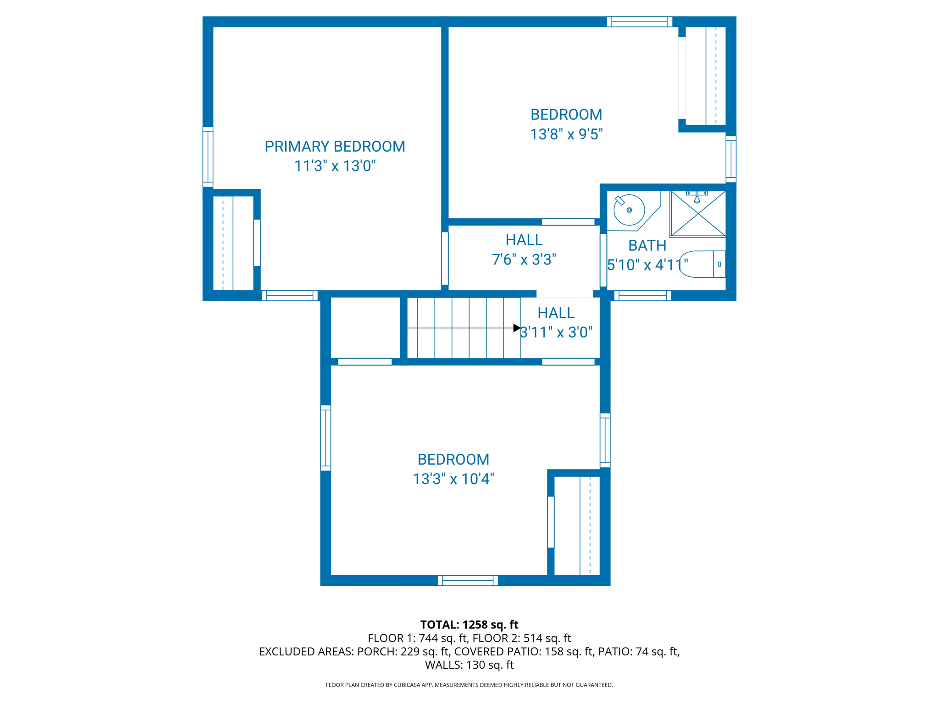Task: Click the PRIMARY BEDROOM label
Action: [335, 147]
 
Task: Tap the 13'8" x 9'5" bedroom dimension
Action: [566, 134]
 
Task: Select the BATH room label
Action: [647, 246]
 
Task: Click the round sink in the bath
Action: [629, 210]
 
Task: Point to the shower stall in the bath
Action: [697, 214]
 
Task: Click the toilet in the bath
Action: [702, 264]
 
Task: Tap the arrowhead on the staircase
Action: [517, 328]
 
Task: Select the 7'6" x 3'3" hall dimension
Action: [524, 260]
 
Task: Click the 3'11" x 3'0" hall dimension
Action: [556, 332]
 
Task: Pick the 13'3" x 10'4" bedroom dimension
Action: [453, 479]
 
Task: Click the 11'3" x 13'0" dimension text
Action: [335, 166]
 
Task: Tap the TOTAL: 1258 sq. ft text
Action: [469, 625]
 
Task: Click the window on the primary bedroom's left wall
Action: [208, 157]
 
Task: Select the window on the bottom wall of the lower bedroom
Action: [468, 580]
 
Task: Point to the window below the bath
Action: [643, 296]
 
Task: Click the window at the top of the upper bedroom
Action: [640, 22]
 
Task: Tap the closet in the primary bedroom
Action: [233, 243]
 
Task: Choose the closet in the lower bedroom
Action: [577, 526]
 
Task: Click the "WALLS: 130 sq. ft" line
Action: [469, 665]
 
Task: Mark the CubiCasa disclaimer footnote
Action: [469, 685]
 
